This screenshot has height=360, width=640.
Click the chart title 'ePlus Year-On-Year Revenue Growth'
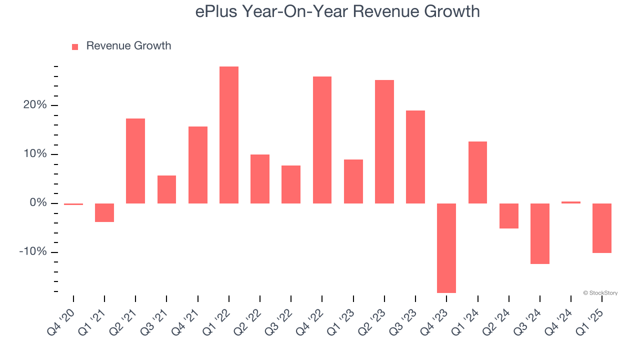pyautogui.click(x=337, y=11)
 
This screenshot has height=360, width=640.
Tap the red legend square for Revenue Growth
pyautogui.click(x=75, y=46)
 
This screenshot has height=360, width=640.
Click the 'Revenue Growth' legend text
pyautogui.click(x=128, y=46)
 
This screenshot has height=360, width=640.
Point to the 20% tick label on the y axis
pyautogui.click(x=34, y=105)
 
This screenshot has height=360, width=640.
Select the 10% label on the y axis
pyautogui.click(x=34, y=154)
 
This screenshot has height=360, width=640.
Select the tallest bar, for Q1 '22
pyautogui.click(x=229, y=135)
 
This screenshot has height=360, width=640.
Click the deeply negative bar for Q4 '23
pyautogui.click(x=446, y=248)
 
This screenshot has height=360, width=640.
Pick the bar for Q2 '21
pyautogui.click(x=135, y=161)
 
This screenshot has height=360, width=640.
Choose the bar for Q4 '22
pyautogui.click(x=322, y=140)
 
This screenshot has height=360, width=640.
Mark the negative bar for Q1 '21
pyautogui.click(x=104, y=212)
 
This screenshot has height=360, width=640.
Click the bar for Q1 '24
pyautogui.click(x=477, y=172)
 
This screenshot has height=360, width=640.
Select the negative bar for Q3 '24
pyautogui.click(x=540, y=233)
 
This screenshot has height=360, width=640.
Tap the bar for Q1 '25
pyautogui.click(x=602, y=228)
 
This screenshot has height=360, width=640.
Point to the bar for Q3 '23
pyautogui.click(x=415, y=157)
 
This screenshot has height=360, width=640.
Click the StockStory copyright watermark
pyautogui.click(x=600, y=293)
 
